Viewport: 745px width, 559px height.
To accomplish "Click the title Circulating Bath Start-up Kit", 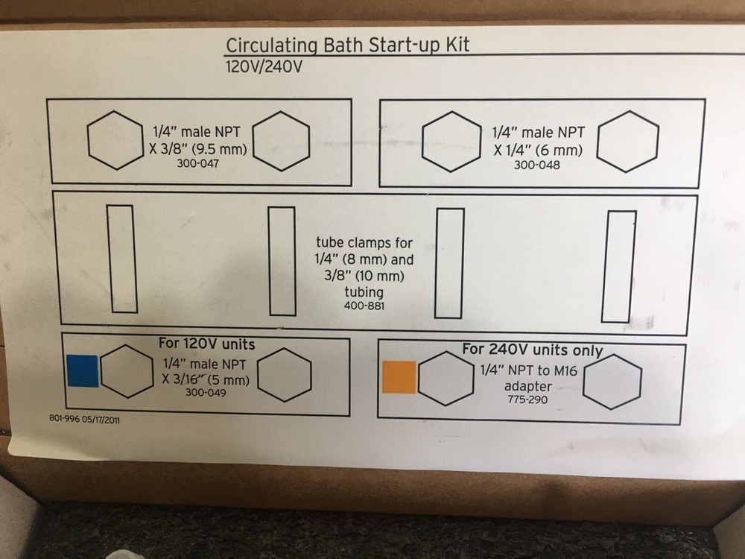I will tap(348, 45).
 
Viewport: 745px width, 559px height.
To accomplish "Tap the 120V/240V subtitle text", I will tap(264, 66).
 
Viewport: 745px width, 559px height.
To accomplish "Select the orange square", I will tap(399, 377).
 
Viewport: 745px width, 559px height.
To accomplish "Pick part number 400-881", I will tap(363, 306).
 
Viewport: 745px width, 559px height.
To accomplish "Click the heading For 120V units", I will tap(206, 344).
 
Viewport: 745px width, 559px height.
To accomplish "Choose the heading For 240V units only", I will tap(532, 350).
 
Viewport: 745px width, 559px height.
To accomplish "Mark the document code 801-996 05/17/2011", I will tap(84, 420).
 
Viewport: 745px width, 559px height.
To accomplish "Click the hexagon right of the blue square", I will tap(127, 371).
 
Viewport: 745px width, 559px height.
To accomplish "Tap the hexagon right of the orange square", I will tap(446, 379).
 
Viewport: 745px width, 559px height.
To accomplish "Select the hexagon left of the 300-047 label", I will tap(115, 140).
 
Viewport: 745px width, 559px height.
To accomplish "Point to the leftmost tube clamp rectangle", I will tap(122, 259).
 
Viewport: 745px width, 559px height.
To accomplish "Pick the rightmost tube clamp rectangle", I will tap(619, 266).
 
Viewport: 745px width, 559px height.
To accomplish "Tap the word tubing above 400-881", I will tap(363, 293).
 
